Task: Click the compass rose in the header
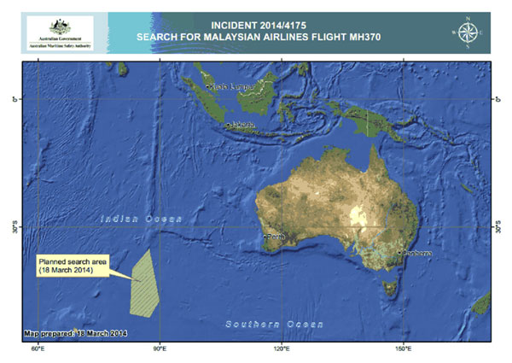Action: click(467, 32)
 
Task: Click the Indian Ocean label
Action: click(137, 220)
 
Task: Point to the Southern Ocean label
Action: click(274, 324)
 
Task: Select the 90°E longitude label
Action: click(160, 349)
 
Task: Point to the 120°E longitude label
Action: click(282, 349)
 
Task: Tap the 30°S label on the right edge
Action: click(499, 228)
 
